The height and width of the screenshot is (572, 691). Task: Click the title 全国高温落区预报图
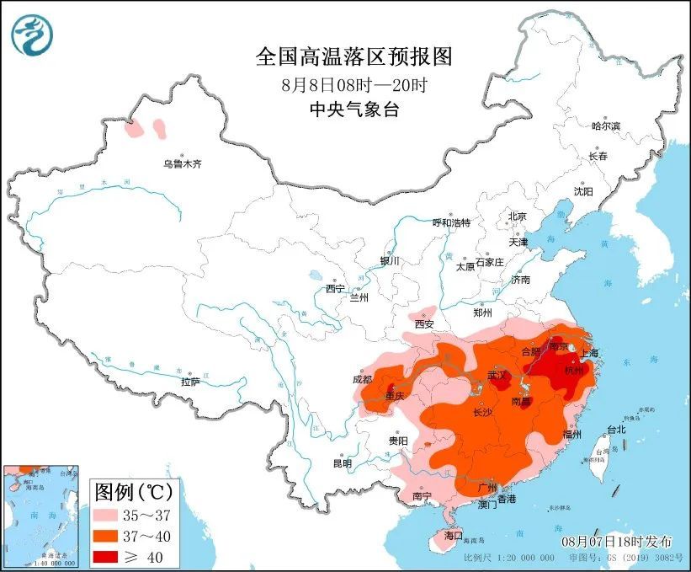tap(353, 56)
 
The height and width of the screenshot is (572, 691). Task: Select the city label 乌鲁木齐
tap(183, 164)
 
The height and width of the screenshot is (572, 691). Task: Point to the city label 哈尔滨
tap(605, 126)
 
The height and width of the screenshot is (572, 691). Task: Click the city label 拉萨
tap(191, 382)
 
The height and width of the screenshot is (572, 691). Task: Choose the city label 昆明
tap(343, 462)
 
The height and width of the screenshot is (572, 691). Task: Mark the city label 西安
tap(423, 323)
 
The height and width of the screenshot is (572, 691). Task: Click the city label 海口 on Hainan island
tap(454, 535)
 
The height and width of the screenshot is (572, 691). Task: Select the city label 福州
tap(572, 435)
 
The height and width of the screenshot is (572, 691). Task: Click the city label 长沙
tap(482, 413)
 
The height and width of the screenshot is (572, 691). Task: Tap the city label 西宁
tap(336, 289)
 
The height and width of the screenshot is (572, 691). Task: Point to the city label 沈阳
tap(583, 191)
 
